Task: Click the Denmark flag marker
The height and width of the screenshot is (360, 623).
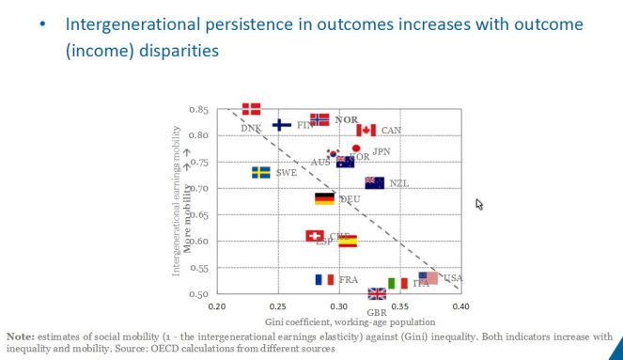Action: pyautogui.click(x=251, y=109)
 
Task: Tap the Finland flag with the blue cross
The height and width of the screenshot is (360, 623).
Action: pyautogui.click(x=281, y=124)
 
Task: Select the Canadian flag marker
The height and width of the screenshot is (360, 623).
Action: pyautogui.click(x=366, y=130)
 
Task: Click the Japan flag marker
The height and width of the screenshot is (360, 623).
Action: pyautogui.click(x=356, y=149)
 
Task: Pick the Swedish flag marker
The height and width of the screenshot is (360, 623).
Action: pyautogui.click(x=260, y=172)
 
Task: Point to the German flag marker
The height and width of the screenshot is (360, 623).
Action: pyautogui.click(x=324, y=198)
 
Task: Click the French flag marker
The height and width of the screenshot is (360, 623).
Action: pyautogui.click(x=324, y=279)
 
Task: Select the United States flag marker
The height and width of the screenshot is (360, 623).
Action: pyautogui.click(x=428, y=277)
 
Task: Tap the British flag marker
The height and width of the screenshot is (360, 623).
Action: pyautogui.click(x=377, y=294)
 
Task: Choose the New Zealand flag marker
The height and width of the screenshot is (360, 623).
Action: pyautogui.click(x=374, y=182)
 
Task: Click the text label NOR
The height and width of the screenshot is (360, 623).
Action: pyautogui.click(x=346, y=120)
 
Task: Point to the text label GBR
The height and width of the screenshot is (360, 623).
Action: pyautogui.click(x=377, y=311)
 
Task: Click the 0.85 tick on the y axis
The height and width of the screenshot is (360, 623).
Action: pyautogui.click(x=198, y=110)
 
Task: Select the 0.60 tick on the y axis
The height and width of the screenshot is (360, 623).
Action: pyautogui.click(x=198, y=242)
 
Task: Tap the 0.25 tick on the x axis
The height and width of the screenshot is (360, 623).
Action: pyautogui.click(x=278, y=306)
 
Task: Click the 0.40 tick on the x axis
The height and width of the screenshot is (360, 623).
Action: pyautogui.click(x=460, y=306)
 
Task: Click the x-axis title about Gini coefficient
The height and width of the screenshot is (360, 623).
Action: pyautogui.click(x=338, y=321)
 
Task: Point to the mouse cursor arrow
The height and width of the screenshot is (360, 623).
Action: pyautogui.click(x=480, y=204)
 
